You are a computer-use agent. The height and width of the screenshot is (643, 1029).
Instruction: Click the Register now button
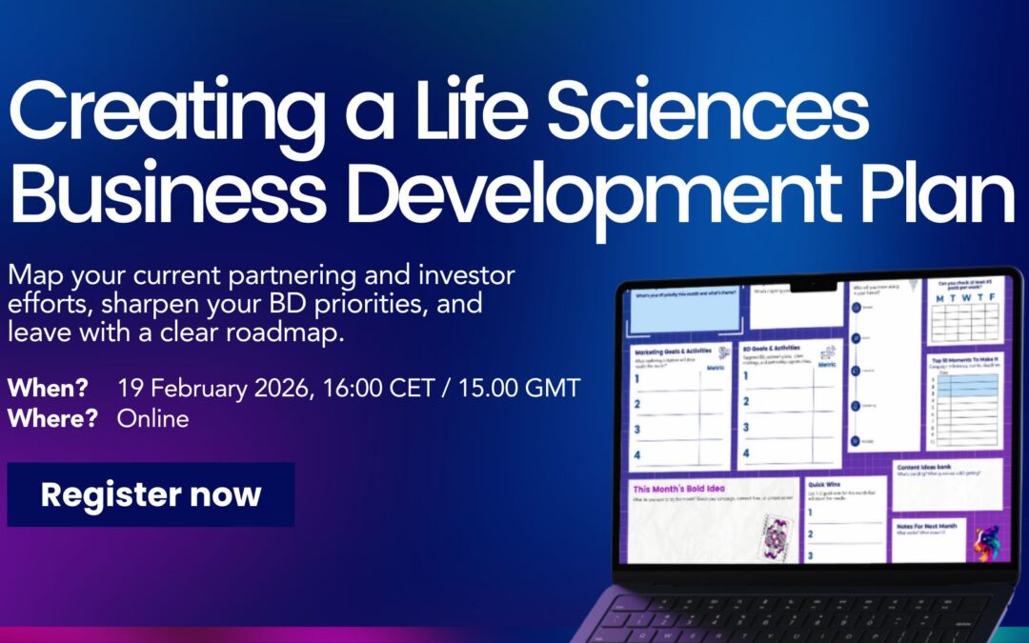pyautogui.click(x=151, y=494)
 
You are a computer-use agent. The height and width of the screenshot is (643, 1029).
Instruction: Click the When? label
pyautogui.click(x=48, y=389)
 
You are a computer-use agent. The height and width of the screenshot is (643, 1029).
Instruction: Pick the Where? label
pyautogui.click(x=52, y=419)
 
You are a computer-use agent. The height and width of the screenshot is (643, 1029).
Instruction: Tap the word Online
pyautogui.click(x=152, y=419)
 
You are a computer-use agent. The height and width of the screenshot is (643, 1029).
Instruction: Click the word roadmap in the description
pyautogui.click(x=292, y=333)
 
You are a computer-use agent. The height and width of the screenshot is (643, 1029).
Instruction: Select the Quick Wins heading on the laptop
pyautogui.click(x=825, y=484)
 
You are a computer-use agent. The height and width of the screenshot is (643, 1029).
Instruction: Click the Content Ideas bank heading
pyautogui.click(x=931, y=467)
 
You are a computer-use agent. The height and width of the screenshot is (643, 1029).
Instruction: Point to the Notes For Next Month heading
pyautogui.click(x=928, y=525)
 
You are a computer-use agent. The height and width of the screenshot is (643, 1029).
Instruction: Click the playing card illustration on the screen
pyautogui.click(x=773, y=536)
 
